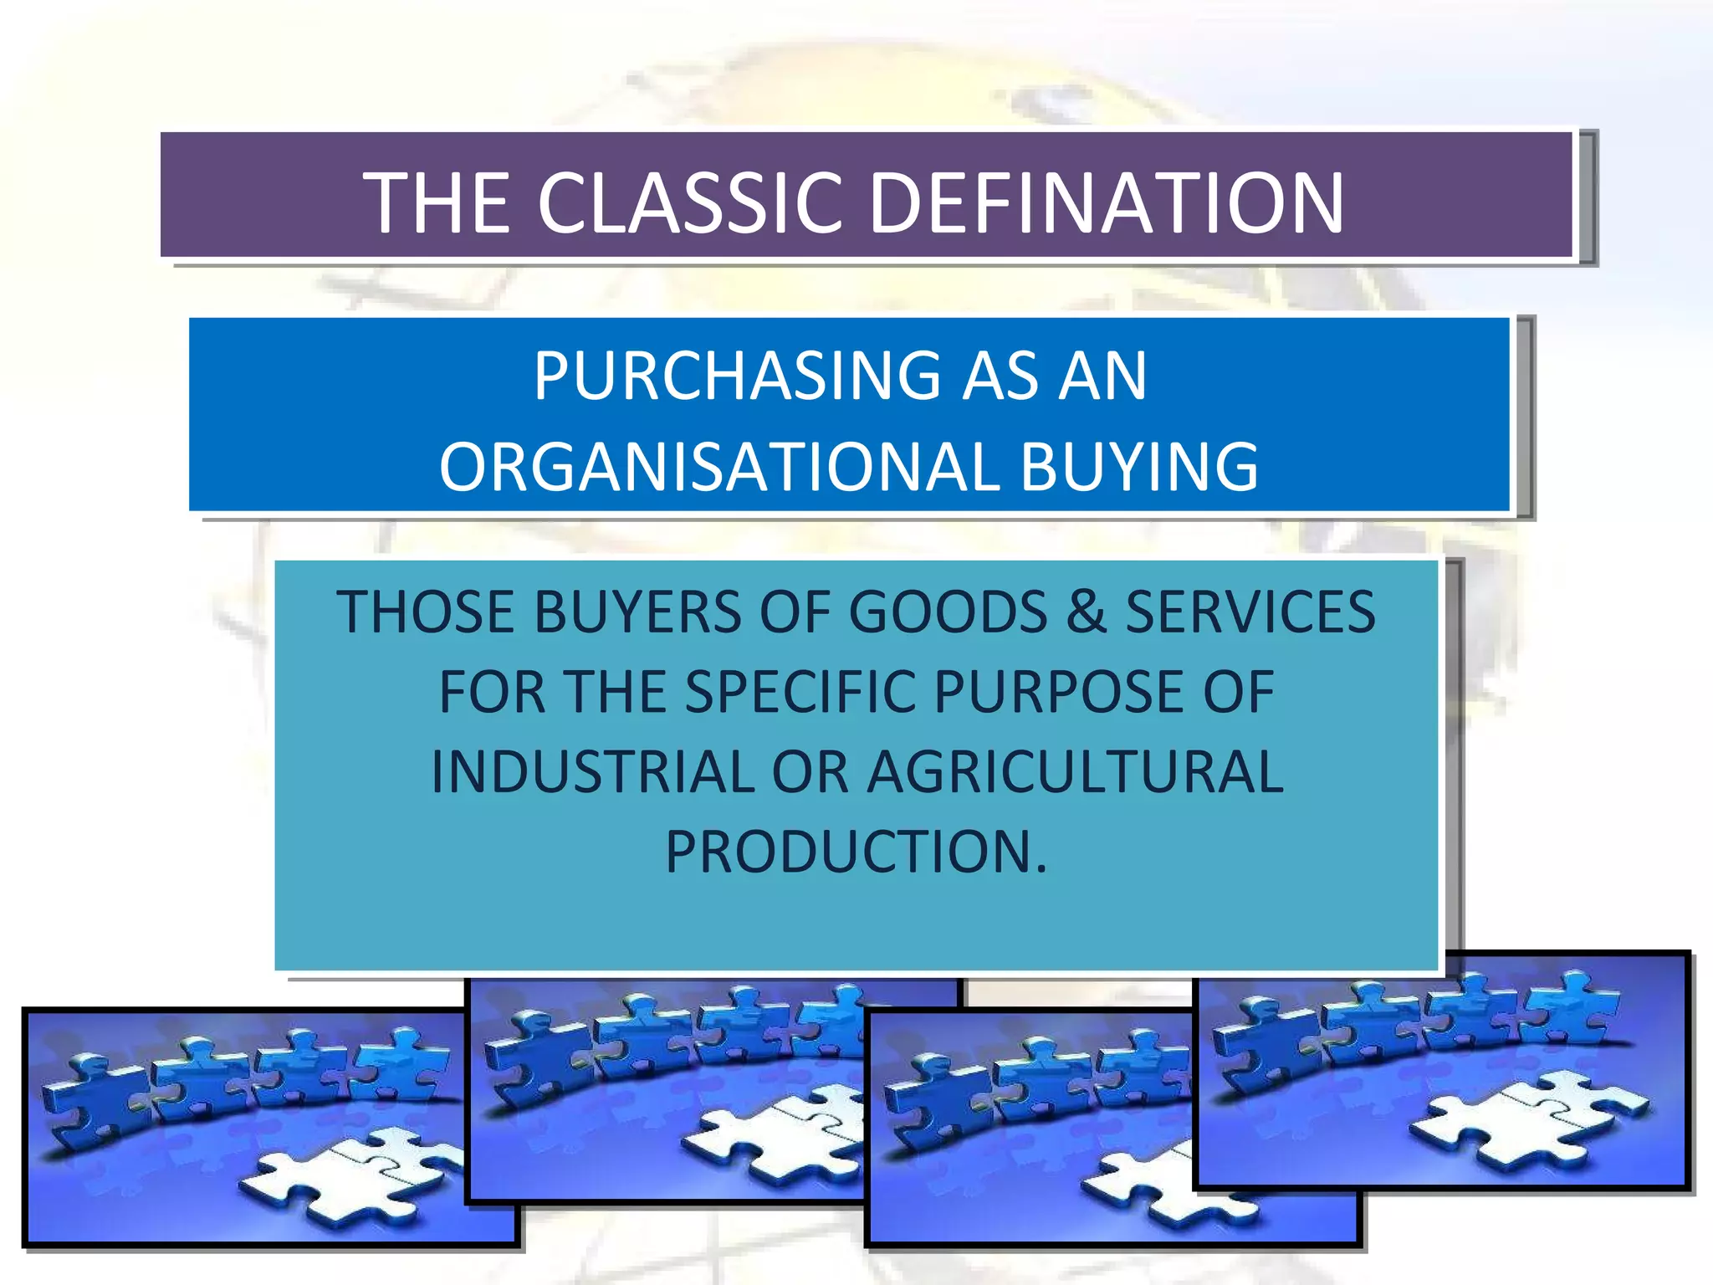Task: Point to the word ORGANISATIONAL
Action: [x=719, y=467]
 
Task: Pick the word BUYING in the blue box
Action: [x=1139, y=467]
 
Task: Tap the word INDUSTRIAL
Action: [x=593, y=771]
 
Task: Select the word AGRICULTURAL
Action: [x=1075, y=771]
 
